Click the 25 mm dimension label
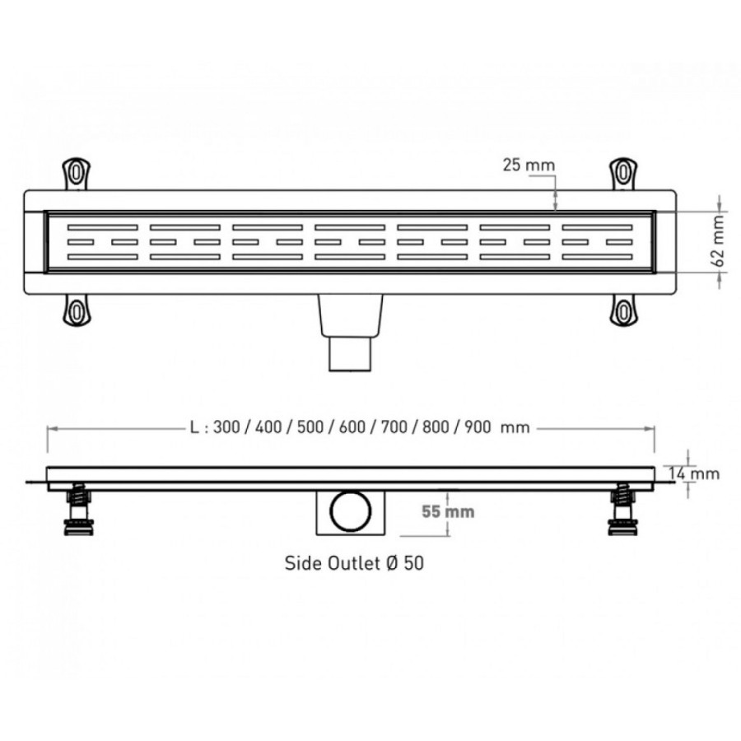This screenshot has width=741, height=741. (x=529, y=165)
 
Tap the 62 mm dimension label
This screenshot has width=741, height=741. (x=717, y=242)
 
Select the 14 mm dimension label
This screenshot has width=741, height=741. (x=694, y=473)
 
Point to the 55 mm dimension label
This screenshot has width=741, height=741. (x=448, y=511)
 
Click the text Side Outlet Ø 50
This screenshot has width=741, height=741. (x=354, y=563)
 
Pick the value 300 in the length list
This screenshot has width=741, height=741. (x=226, y=427)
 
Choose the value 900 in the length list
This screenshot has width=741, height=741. (x=478, y=427)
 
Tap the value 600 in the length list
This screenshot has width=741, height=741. (x=352, y=427)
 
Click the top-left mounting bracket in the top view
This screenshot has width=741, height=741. (x=76, y=174)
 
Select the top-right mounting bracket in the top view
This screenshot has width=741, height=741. (x=623, y=174)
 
